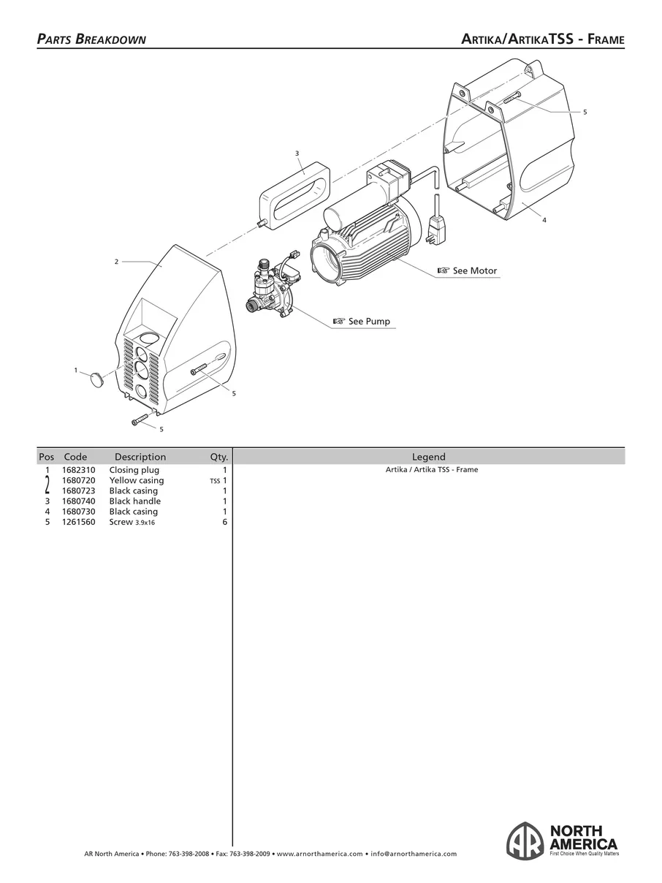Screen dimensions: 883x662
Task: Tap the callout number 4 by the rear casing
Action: [x=544, y=219]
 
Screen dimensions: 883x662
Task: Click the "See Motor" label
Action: [x=474, y=271]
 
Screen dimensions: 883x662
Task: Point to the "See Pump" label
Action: [x=368, y=322]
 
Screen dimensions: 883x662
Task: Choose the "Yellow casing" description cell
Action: [x=137, y=480]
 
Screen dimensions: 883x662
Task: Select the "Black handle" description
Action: [x=135, y=501]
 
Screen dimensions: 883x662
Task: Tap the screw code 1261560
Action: [x=78, y=522]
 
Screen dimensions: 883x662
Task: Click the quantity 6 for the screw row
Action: [x=225, y=522]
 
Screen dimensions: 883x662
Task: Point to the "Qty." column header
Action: [x=219, y=457]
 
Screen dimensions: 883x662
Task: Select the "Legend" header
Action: [x=429, y=457]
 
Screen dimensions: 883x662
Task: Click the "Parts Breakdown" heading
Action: [x=91, y=39]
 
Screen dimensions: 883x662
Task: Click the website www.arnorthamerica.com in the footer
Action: [x=320, y=854]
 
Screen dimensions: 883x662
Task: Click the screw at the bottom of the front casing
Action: [x=141, y=421]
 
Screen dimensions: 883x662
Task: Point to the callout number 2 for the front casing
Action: [x=116, y=261]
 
